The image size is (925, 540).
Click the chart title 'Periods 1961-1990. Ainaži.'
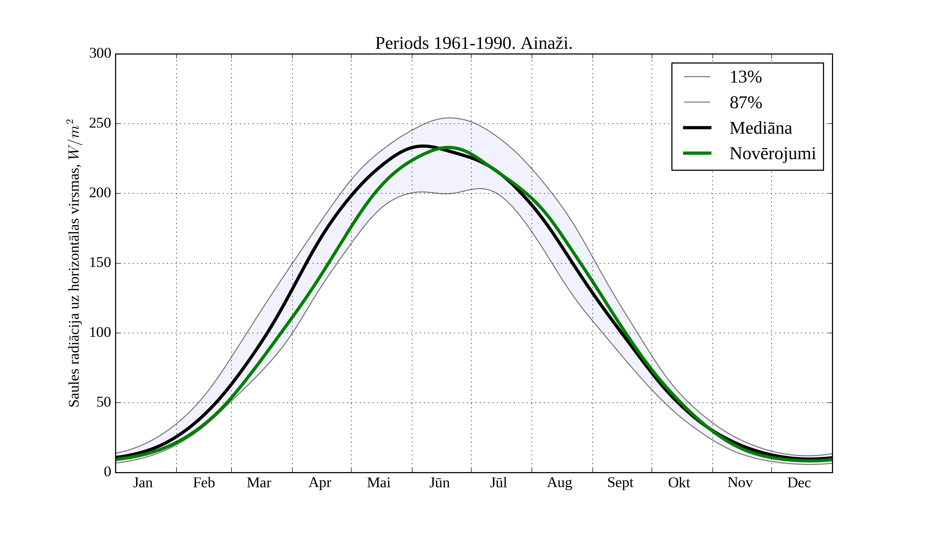474,43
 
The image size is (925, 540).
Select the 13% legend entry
745,77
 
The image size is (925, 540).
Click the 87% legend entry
745,103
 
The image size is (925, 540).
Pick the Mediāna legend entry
760,128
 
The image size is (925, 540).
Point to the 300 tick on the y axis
100,53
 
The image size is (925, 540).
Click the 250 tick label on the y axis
100,123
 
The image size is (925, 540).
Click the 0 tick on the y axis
108,472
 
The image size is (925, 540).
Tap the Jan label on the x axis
143,483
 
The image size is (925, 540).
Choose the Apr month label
320,483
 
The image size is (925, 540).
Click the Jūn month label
439,483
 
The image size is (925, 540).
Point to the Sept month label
620,483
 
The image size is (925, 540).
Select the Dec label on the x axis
799,483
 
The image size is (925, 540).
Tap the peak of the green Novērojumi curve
448,147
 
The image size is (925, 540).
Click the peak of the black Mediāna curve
423,146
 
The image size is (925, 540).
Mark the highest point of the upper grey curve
449,118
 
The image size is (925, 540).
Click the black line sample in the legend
697,128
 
